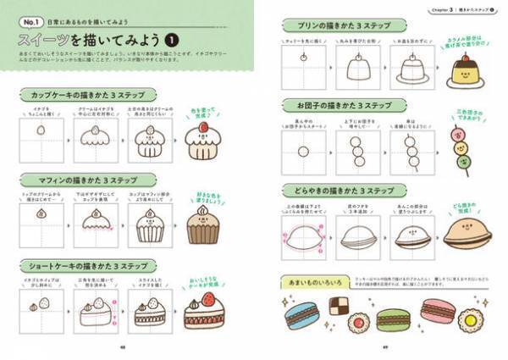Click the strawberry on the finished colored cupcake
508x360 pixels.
[x=203, y=129]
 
